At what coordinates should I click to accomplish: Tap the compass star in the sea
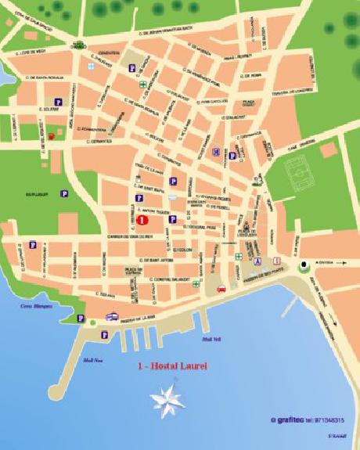pyautogui.click(x=168, y=401)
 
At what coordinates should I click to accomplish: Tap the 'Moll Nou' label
pyautogui.click(x=92, y=360)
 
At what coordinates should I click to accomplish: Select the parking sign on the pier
pyautogui.click(x=104, y=335)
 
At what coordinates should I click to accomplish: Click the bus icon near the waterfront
pyautogui.click(x=113, y=317)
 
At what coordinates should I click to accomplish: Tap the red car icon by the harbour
pyautogui.click(x=221, y=290)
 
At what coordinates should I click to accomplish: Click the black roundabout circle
pyautogui.click(x=303, y=264)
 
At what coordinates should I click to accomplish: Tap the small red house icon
pyautogui.click(x=52, y=136)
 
